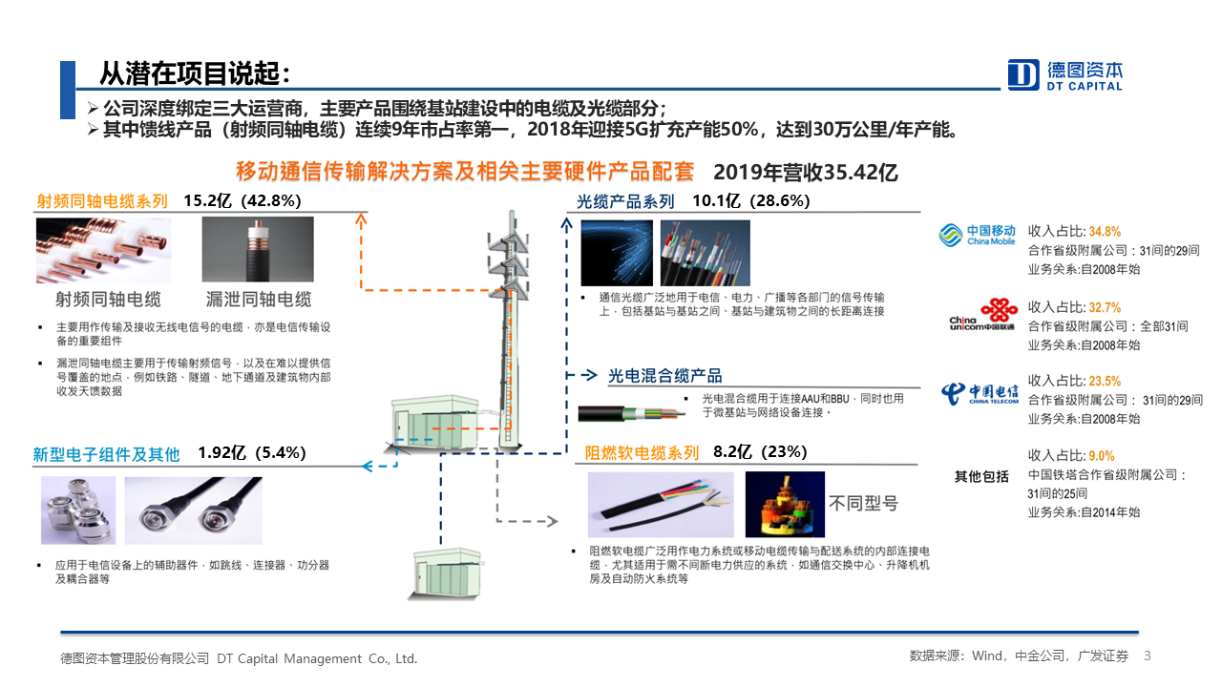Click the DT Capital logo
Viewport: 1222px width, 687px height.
(1064, 74)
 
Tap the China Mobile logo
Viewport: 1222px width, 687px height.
(977, 235)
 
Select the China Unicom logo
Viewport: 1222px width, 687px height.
(983, 315)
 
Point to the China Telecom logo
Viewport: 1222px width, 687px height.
(980, 393)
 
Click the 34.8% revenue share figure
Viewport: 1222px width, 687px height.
(1105, 232)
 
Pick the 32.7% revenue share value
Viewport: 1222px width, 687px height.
(1105, 307)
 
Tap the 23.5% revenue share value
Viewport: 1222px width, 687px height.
(1105, 381)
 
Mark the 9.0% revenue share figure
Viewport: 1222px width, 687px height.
(1102, 456)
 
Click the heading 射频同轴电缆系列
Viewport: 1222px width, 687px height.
(102, 201)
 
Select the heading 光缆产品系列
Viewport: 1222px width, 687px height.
(625, 201)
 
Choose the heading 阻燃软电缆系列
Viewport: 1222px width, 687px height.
(642, 452)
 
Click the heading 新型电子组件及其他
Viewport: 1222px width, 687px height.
(106, 454)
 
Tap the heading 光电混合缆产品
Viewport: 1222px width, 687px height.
(665, 376)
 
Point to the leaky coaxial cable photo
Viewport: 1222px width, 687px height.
(258, 249)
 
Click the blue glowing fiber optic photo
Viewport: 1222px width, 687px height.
(617, 253)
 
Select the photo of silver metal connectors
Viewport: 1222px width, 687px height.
(78, 510)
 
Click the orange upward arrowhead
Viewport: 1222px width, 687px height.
(361, 219)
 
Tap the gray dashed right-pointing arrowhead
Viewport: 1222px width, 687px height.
(552, 521)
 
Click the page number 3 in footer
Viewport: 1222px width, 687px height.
(1147, 656)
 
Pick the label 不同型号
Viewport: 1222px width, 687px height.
(864, 503)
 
